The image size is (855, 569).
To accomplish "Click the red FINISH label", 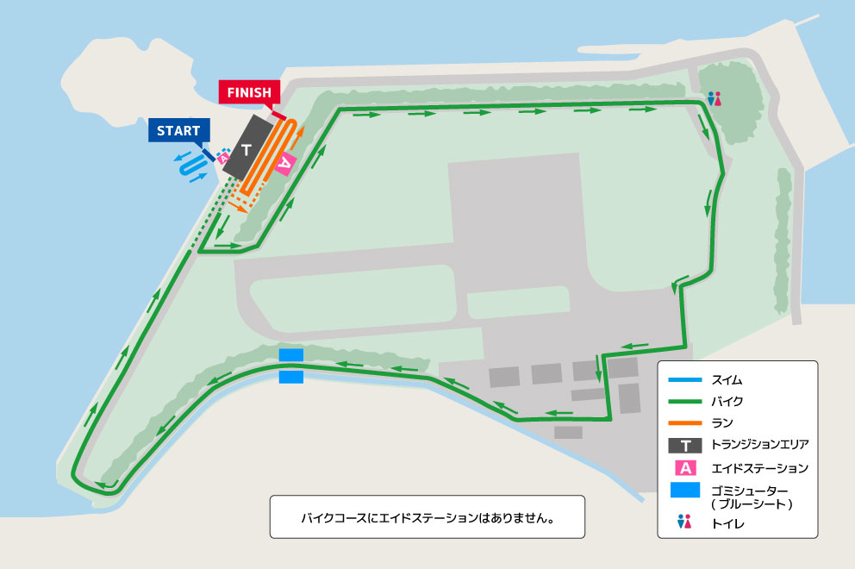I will (x=249, y=91).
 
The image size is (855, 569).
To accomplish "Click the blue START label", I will (x=178, y=131).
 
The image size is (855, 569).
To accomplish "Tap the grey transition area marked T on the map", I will (x=247, y=151).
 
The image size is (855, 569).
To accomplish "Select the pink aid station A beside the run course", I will (x=285, y=162).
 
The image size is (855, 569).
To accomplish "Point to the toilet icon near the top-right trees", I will (x=714, y=99).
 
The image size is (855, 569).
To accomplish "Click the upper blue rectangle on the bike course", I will (x=291, y=355).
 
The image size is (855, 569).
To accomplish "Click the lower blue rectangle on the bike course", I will (x=291, y=377).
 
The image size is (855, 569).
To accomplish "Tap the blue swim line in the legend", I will (x=685, y=379).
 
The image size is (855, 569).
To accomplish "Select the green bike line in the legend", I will (x=685, y=402).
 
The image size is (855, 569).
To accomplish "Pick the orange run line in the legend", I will (x=685, y=423).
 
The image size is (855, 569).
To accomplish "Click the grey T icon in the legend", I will (x=685, y=446).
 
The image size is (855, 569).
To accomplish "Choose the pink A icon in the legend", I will (x=685, y=468).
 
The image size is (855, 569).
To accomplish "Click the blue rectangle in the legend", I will (x=685, y=491).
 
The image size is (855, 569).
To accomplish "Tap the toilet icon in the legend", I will (x=685, y=522).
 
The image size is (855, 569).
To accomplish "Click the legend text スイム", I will (x=727, y=379).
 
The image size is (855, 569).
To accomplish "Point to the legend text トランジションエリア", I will (x=760, y=446).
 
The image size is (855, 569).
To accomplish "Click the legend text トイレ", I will (x=728, y=522).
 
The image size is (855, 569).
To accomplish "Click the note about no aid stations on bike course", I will (x=427, y=518).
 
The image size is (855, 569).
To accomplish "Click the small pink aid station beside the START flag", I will (x=223, y=157).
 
